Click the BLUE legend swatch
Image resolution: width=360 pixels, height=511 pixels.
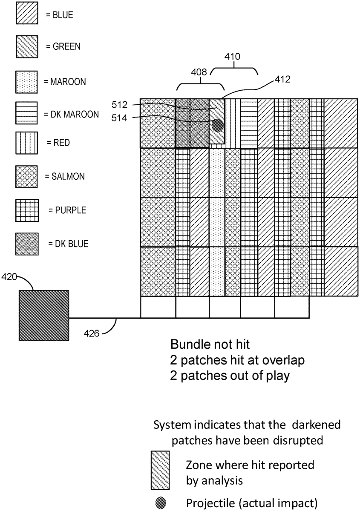[x=26, y=15]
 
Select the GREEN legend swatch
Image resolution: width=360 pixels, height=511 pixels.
[x=26, y=46]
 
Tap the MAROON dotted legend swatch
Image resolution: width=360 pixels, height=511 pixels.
[x=26, y=81]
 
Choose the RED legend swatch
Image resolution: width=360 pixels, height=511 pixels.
[x=26, y=143]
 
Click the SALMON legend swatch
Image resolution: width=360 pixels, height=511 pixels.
[x=26, y=176]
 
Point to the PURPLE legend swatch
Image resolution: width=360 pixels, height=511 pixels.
[x=26, y=210]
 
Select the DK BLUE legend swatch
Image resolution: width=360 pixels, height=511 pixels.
[x=26, y=244]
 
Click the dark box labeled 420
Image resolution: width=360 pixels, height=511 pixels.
[x=43, y=316]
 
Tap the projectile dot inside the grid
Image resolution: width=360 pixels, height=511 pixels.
[x=217, y=125]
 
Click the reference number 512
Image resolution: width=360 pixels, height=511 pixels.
[x=120, y=104]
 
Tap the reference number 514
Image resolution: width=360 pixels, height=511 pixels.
[x=120, y=118]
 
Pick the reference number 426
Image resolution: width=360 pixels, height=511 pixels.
[x=91, y=333]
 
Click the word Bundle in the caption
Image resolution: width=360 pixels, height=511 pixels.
[x=186, y=344]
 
